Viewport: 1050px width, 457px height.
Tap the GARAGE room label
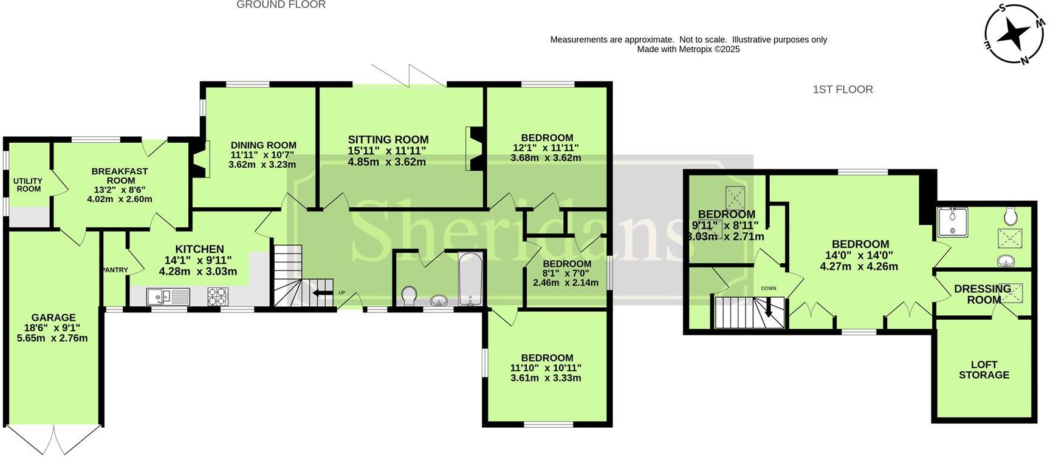tap(53, 317)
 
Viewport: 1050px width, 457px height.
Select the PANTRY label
tap(115, 270)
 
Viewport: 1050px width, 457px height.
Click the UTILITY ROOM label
tap(29, 185)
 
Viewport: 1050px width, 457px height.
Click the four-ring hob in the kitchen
tap(218, 296)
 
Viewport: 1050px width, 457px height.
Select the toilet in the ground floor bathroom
tap(410, 296)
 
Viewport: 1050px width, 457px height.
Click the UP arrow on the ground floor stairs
tap(318, 293)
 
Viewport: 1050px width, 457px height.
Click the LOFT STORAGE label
tap(984, 369)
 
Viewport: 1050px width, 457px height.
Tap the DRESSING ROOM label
tap(983, 294)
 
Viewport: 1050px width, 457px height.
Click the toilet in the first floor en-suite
tap(1011, 215)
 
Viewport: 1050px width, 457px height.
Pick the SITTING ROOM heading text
tap(388, 140)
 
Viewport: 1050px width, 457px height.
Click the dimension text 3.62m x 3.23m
tap(262, 164)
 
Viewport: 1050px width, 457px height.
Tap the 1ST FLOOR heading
tap(842, 89)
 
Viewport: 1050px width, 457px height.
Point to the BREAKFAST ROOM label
tap(120, 176)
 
